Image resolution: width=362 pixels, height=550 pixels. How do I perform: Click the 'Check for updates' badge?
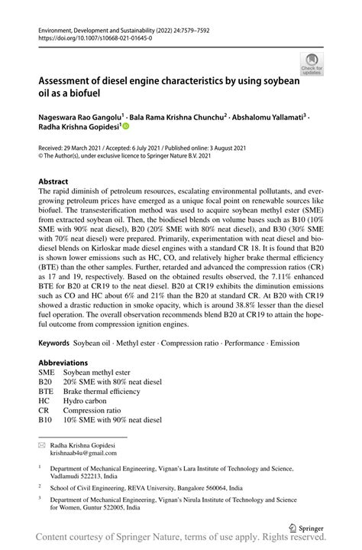point(315,63)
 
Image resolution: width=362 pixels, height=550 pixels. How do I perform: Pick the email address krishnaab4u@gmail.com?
point(85,452)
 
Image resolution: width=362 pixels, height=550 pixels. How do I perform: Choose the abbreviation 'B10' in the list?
point(46,419)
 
